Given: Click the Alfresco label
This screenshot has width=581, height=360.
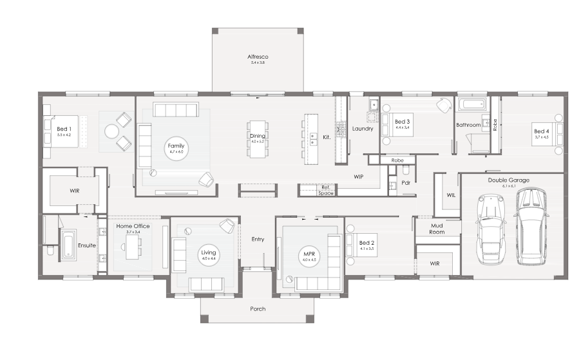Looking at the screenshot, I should pos(258,57).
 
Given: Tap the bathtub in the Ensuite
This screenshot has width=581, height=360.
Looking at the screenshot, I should pos(69,245).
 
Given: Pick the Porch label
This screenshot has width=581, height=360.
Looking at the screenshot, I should pos(258,308).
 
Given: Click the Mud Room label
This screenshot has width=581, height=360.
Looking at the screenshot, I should pos(437,229).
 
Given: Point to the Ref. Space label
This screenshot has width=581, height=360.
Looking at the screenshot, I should pos(326,190).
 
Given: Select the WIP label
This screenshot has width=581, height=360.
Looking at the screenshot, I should pos(359,176).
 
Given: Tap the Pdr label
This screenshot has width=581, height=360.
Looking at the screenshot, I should pos(406,183).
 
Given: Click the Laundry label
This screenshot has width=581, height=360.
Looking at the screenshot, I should pos(363,128).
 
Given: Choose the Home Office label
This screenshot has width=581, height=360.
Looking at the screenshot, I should pos(133,226).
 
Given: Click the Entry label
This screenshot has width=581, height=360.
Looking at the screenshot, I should pos(258,240).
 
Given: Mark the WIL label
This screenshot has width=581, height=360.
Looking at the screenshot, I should pos(451,195).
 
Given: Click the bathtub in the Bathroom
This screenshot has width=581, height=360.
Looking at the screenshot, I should pos(472,103).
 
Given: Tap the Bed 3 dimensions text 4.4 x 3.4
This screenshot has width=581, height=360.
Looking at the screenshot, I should pos(402,127).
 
